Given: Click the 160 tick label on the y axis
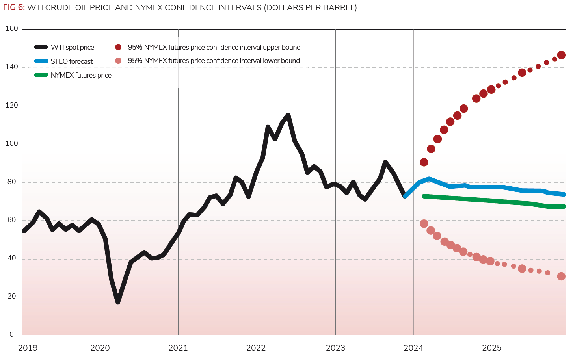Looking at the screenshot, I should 12,28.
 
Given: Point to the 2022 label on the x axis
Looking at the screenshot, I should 256,348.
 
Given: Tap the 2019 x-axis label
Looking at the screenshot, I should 28,348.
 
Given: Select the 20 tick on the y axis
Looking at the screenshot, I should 12,296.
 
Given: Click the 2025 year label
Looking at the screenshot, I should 492,348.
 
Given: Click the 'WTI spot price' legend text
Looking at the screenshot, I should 73,47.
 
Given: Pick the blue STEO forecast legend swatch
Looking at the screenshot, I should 41,61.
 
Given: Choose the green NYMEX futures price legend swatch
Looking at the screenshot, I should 41,75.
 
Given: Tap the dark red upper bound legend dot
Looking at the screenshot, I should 118,47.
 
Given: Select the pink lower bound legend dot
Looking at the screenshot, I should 118,61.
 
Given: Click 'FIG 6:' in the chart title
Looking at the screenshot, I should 14,7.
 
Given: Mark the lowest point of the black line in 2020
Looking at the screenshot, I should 117,302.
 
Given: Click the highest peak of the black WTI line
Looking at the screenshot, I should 288,115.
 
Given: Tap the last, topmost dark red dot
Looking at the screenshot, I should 561,55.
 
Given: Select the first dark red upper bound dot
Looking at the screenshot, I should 424,162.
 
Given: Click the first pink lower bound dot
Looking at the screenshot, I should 424,224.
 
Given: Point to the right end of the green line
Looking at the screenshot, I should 564,206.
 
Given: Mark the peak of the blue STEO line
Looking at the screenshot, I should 429,178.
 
